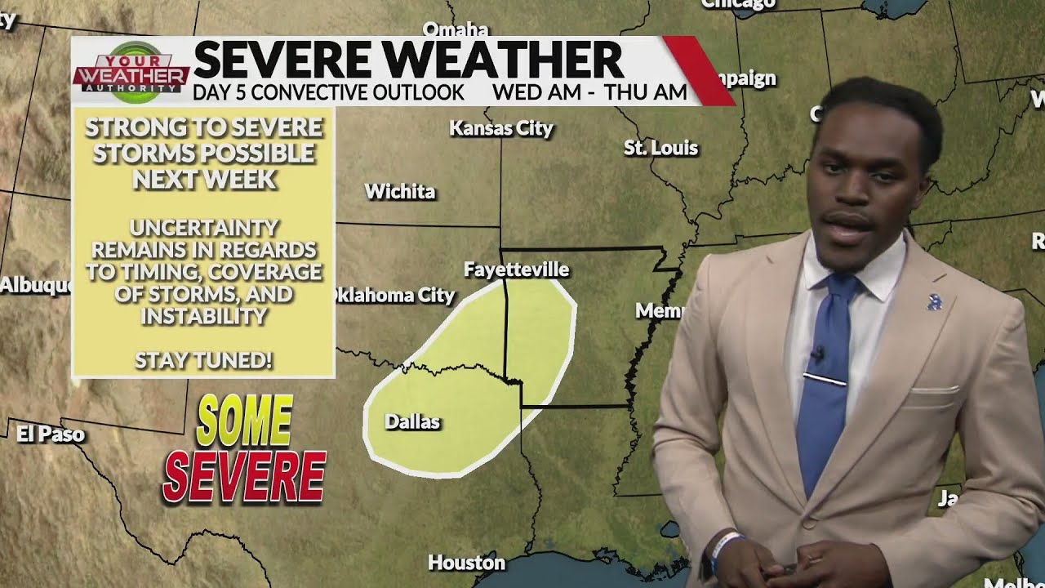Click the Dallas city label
pyautogui.click(x=412, y=422)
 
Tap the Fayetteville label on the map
pyautogui.click(x=516, y=269)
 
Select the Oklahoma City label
pyautogui.click(x=393, y=296)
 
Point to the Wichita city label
pyautogui.click(x=400, y=192)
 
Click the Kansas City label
pyautogui.click(x=501, y=128)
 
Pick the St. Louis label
pyautogui.click(x=661, y=148)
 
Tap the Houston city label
pyautogui.click(x=467, y=563)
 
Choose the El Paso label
pyautogui.click(x=51, y=434)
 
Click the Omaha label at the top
pyautogui.click(x=455, y=29)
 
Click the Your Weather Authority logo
pyautogui.click(x=131, y=72)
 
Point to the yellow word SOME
pyautogui.click(x=244, y=421)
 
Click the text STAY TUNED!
pyautogui.click(x=203, y=360)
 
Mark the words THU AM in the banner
pyautogui.click(x=646, y=92)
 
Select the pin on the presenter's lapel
pyautogui.click(x=935, y=302)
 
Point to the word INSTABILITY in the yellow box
pyautogui.click(x=203, y=316)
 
